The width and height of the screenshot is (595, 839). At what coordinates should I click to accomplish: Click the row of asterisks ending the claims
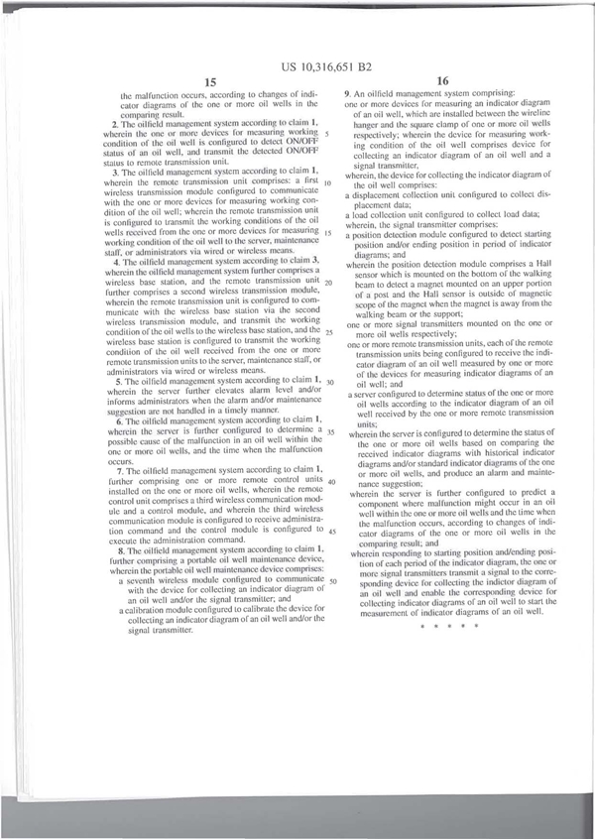[449, 627]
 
